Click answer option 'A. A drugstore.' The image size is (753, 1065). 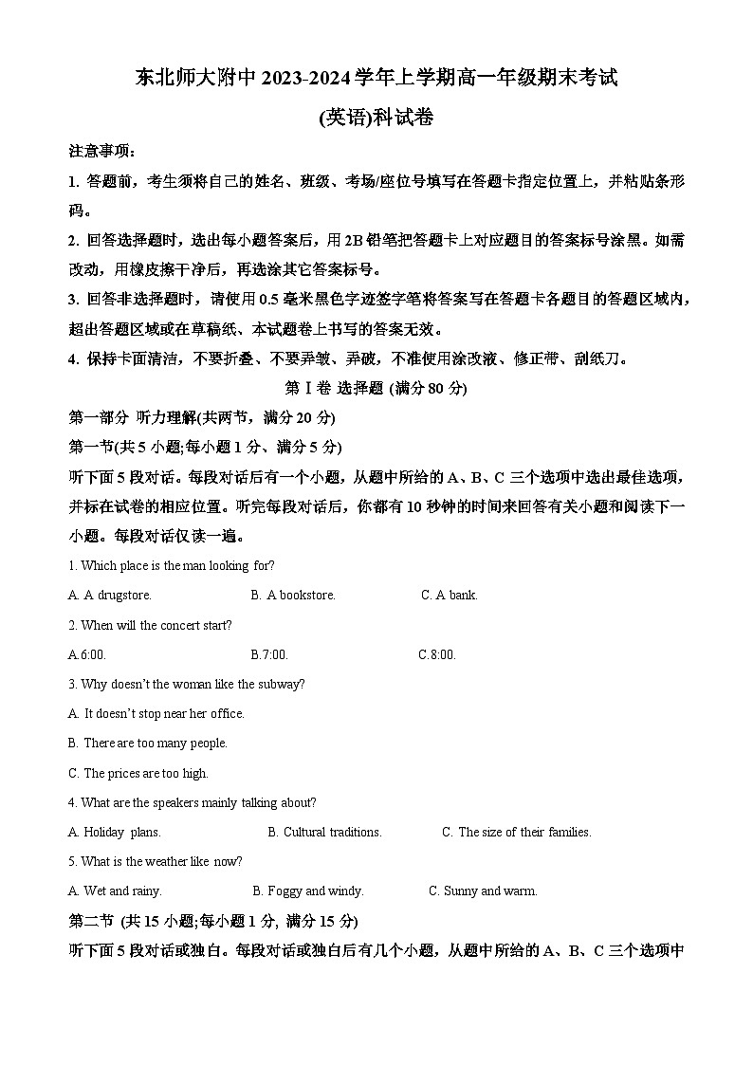[110, 596]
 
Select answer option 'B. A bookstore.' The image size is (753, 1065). [293, 596]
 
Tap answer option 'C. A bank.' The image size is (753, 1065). [450, 596]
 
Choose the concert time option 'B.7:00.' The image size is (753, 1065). [269, 654]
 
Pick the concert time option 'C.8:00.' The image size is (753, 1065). [437, 654]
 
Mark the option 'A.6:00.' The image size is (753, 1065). [87, 654]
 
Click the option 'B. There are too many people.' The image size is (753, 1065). [148, 744]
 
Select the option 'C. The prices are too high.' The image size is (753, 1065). [138, 773]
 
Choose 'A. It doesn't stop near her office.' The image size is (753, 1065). [156, 713]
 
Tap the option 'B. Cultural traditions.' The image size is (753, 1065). [324, 833]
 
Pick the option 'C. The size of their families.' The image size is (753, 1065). [517, 833]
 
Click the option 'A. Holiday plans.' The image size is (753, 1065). [115, 833]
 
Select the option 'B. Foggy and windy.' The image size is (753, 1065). [308, 891]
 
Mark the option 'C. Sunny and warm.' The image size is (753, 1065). [483, 891]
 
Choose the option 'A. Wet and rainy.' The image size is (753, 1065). [115, 891]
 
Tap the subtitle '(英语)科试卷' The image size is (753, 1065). [376, 118]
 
